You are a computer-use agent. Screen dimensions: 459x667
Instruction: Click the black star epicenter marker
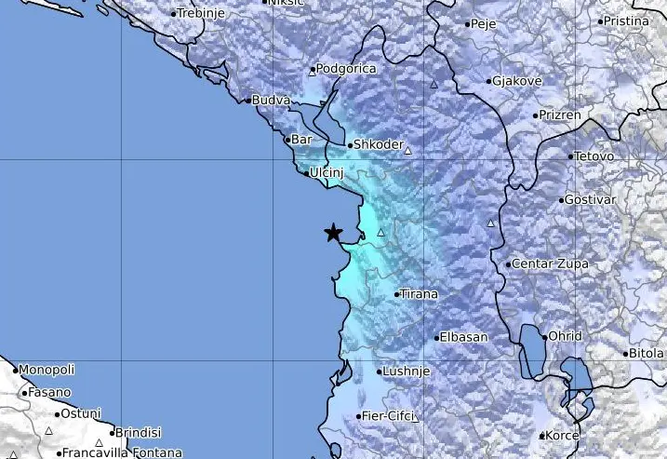click(333, 233)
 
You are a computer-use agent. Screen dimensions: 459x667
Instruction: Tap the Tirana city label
click(419, 294)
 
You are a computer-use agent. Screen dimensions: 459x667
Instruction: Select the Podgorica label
click(345, 68)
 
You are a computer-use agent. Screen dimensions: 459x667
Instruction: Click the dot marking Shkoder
click(349, 145)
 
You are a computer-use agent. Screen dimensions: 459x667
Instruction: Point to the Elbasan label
click(461, 337)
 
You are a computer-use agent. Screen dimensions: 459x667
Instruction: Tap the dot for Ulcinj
click(307, 172)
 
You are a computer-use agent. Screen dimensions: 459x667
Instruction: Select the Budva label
click(271, 100)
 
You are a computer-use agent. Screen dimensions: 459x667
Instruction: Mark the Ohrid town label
click(565, 336)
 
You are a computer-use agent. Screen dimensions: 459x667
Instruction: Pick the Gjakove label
click(517, 81)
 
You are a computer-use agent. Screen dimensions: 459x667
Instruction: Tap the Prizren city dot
click(537, 115)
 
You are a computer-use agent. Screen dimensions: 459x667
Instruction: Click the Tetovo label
click(595, 156)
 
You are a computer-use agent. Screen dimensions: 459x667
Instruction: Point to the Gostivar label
click(592, 201)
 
